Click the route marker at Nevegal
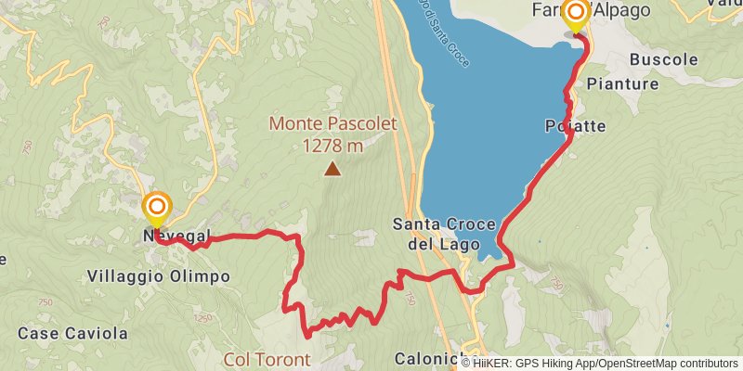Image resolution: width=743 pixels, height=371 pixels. point(157,207)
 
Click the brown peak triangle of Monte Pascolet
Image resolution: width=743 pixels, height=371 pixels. point(332,169)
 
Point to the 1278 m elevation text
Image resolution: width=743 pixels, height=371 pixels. point(332,145)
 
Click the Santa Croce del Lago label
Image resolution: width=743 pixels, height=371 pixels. point(437,235)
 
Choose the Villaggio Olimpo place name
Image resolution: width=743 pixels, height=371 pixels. point(158,276)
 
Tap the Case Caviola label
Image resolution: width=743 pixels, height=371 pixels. point(59,332)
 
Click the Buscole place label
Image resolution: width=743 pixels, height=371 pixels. point(663,58)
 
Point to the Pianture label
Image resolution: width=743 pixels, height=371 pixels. point(622,83)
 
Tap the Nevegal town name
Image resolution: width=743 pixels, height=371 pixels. point(177,237)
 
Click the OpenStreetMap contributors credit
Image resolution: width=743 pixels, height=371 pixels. point(667,363)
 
